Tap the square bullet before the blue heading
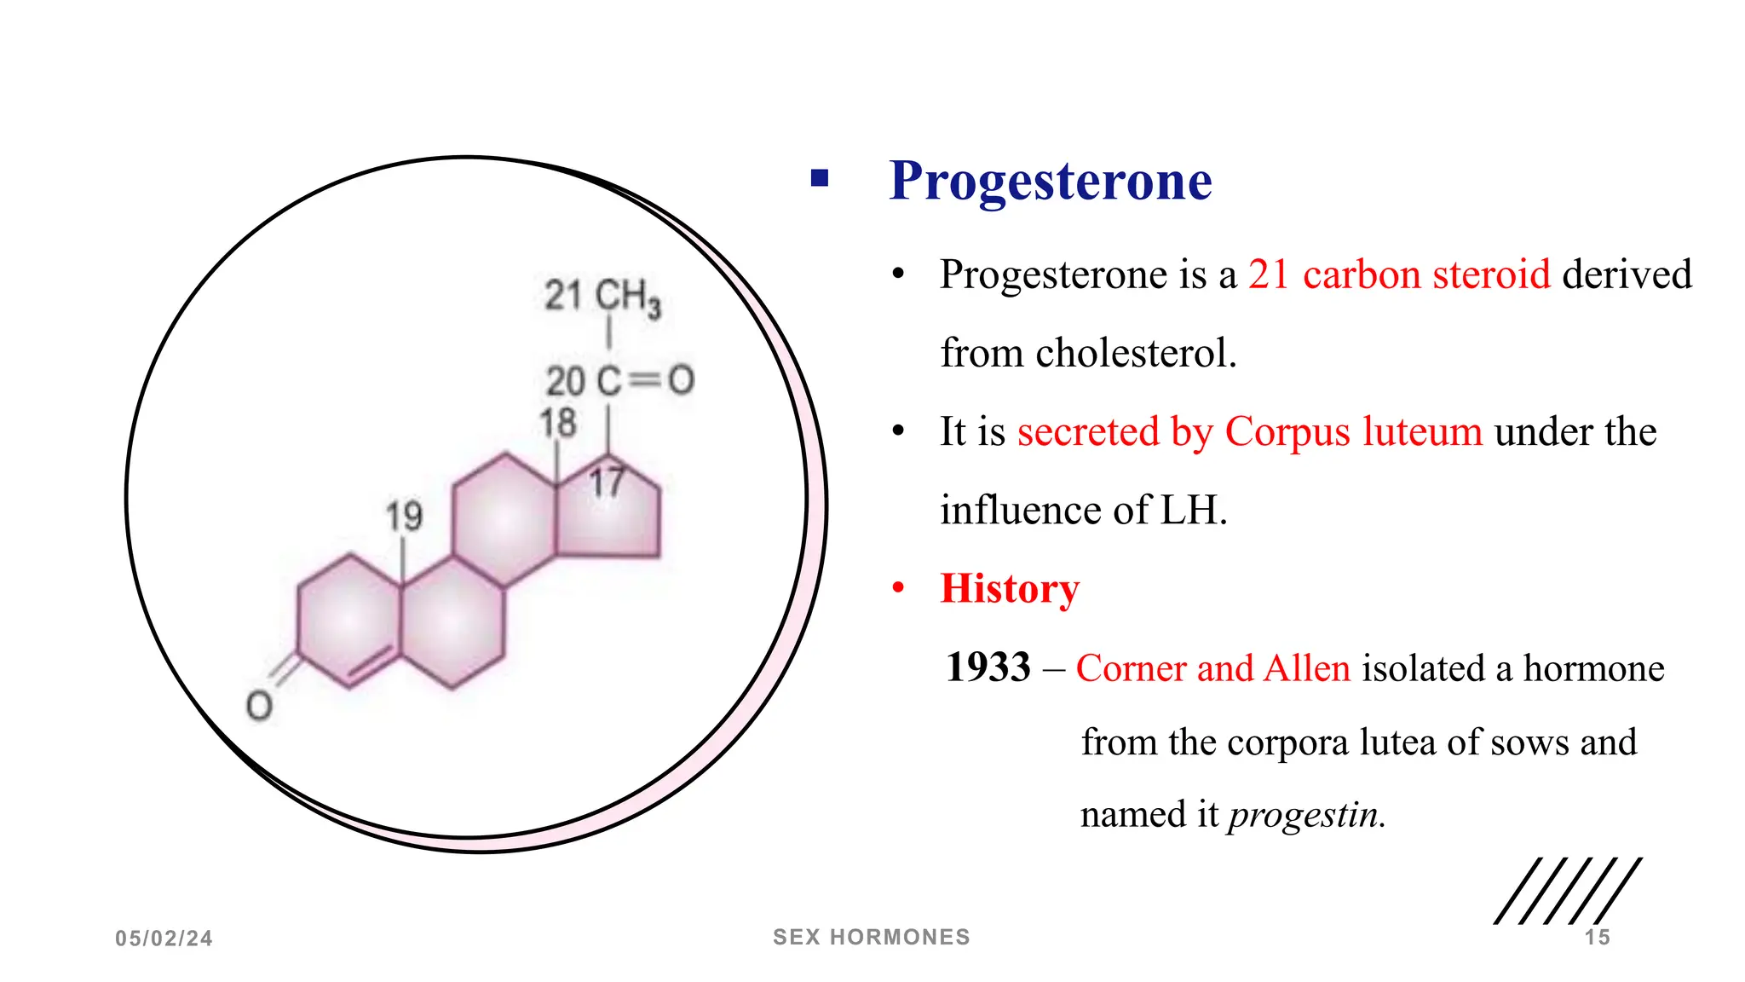pyautogui.click(x=820, y=178)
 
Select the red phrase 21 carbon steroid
pyautogui.click(x=1398, y=274)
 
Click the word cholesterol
pyautogui.click(x=1135, y=353)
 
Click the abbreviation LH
pyautogui.click(x=1193, y=511)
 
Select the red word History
pyautogui.click(x=1010, y=588)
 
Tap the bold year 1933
pyautogui.click(x=988, y=667)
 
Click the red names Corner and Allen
pyautogui.click(x=1213, y=668)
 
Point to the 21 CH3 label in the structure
pyautogui.click(x=602, y=297)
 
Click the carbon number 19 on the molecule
pyautogui.click(x=404, y=516)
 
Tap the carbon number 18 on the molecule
pyautogui.click(x=558, y=423)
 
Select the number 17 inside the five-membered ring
pyautogui.click(x=607, y=482)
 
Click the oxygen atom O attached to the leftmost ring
pyautogui.click(x=259, y=706)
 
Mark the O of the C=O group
pyautogui.click(x=681, y=380)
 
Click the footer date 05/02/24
pyautogui.click(x=164, y=939)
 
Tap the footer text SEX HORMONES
pyautogui.click(x=871, y=937)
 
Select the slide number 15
pyautogui.click(x=1597, y=938)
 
